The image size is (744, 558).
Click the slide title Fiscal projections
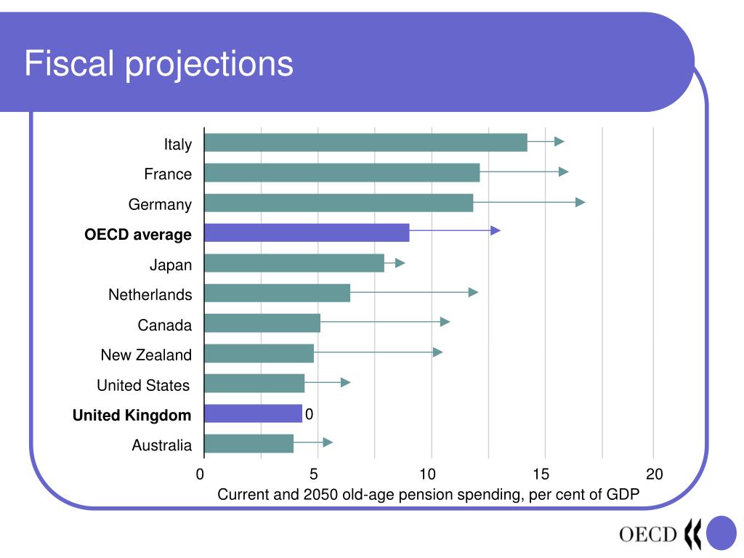tap(158, 64)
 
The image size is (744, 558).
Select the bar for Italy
tap(365, 142)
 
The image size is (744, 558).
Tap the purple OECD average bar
tap(307, 232)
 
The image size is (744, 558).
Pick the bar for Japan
tap(294, 263)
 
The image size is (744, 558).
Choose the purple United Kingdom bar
tap(253, 413)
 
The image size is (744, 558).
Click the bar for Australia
tap(248, 443)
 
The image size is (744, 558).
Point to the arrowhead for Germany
tap(581, 202)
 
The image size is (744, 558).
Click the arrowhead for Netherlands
tap(474, 292)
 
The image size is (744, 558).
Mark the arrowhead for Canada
tap(445, 322)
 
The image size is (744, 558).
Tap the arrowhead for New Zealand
tap(438, 352)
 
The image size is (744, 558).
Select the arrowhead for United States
tap(346, 382)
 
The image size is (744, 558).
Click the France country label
tap(168, 174)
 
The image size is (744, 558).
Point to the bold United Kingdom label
tap(132, 416)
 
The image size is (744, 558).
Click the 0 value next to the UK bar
tap(309, 414)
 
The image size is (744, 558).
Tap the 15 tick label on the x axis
tap(541, 474)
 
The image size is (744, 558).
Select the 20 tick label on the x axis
tap(655, 474)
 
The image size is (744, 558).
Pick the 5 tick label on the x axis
tap(314, 474)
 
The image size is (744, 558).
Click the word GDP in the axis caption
tap(623, 496)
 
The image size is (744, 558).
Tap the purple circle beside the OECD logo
tap(721, 533)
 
